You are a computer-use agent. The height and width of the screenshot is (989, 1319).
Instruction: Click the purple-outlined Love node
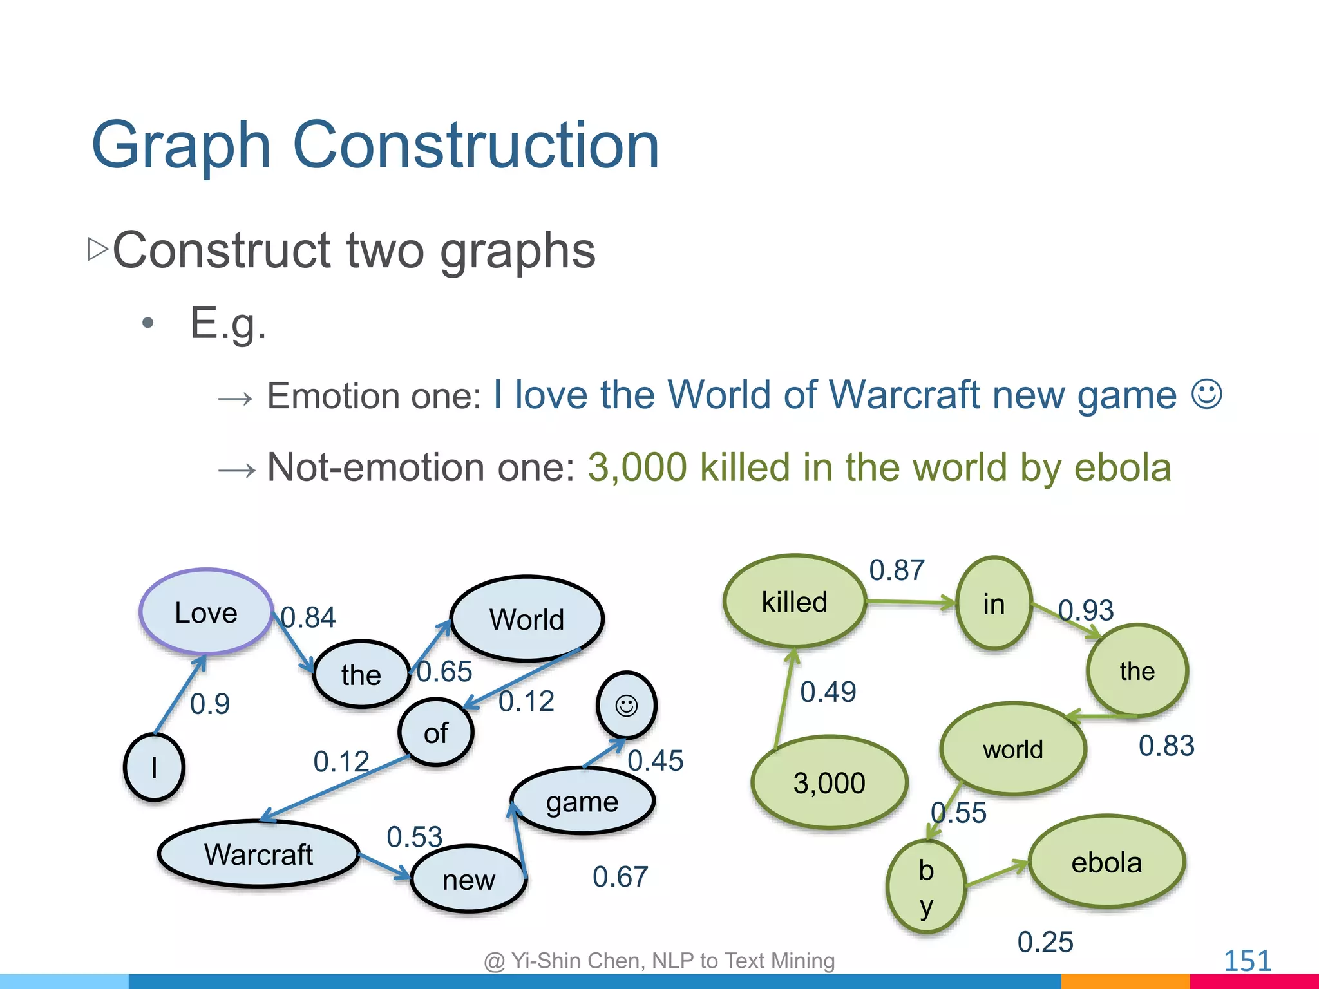206,612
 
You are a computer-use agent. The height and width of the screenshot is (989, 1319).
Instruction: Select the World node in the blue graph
527,619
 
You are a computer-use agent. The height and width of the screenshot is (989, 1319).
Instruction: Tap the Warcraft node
258,854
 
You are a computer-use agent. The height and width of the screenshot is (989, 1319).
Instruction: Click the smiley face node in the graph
627,706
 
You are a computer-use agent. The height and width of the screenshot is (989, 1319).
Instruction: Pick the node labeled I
154,768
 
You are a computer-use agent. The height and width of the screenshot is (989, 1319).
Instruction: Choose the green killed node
794,601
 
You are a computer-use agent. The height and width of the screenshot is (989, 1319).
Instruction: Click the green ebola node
1106,862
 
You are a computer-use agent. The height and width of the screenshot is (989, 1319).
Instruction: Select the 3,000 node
829,783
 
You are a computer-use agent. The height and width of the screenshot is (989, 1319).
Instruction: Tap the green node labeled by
926,887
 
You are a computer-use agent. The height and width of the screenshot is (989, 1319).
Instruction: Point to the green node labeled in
994,603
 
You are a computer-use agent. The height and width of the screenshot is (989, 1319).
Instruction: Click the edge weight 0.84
308,617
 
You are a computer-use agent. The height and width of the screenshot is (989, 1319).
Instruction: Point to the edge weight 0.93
1086,610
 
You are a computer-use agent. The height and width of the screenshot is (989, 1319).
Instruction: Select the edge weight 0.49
828,692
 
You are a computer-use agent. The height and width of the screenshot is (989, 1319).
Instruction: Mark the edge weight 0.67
620,877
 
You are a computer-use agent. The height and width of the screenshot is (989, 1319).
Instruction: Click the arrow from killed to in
909,603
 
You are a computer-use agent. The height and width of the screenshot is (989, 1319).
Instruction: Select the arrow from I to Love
180,695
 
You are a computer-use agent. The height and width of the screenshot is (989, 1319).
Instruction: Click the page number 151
1247,961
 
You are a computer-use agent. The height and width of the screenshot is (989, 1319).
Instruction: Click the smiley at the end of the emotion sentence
1206,393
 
